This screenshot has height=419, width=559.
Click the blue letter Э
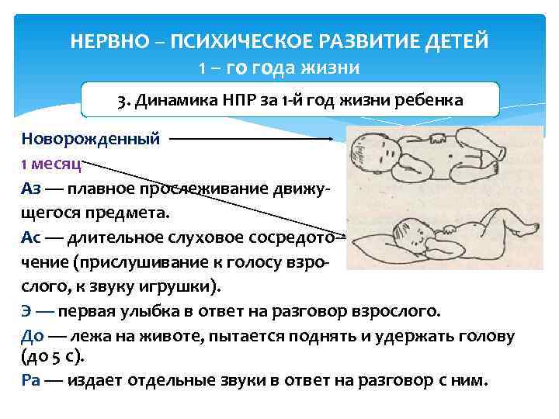coord(27,311)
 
